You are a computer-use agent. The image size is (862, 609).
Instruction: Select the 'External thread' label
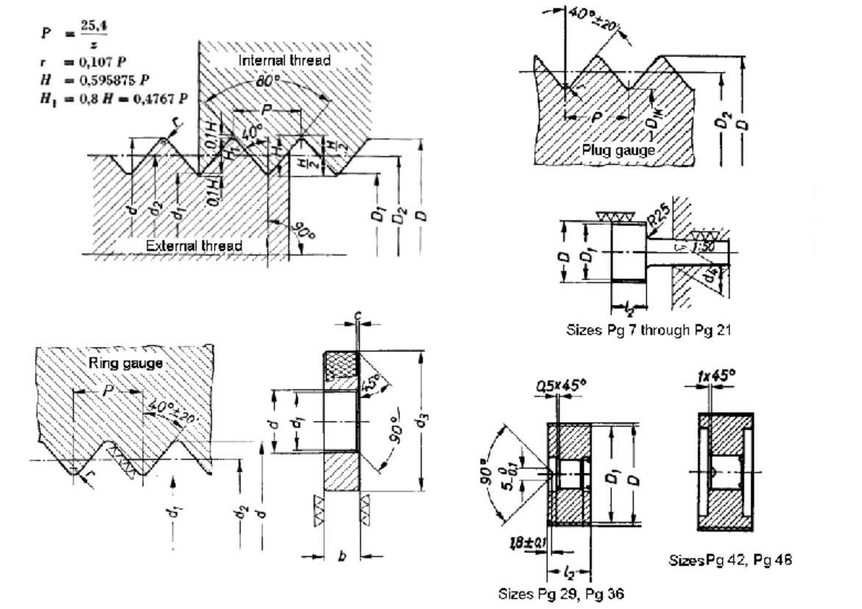194,245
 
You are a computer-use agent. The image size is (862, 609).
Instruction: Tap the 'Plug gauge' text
618,149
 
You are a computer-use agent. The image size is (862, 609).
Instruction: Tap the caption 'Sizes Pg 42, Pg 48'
731,560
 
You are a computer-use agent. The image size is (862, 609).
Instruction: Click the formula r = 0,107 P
70,63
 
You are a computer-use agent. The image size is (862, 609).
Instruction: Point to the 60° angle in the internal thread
266,78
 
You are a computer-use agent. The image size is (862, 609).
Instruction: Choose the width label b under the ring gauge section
341,558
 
